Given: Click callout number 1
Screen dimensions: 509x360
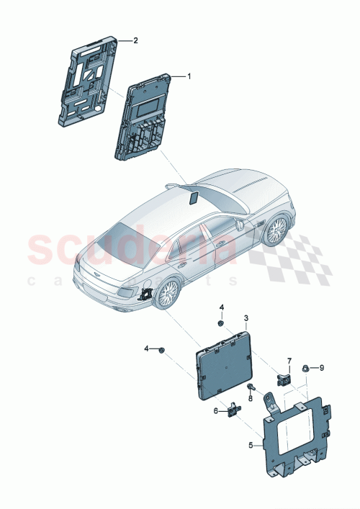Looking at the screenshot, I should point(189,76).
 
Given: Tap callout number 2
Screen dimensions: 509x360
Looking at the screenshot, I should point(135,41).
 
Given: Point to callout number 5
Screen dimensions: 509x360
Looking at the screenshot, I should point(251,446).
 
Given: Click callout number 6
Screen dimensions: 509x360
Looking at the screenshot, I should point(215,410).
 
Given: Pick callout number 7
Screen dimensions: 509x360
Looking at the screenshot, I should point(290,360).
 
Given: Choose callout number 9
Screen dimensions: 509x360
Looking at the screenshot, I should point(322,367).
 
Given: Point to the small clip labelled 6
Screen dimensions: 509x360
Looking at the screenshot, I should point(233,410).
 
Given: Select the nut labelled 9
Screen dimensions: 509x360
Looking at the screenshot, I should point(306,368).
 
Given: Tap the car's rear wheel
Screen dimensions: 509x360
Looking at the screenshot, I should point(168,294).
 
